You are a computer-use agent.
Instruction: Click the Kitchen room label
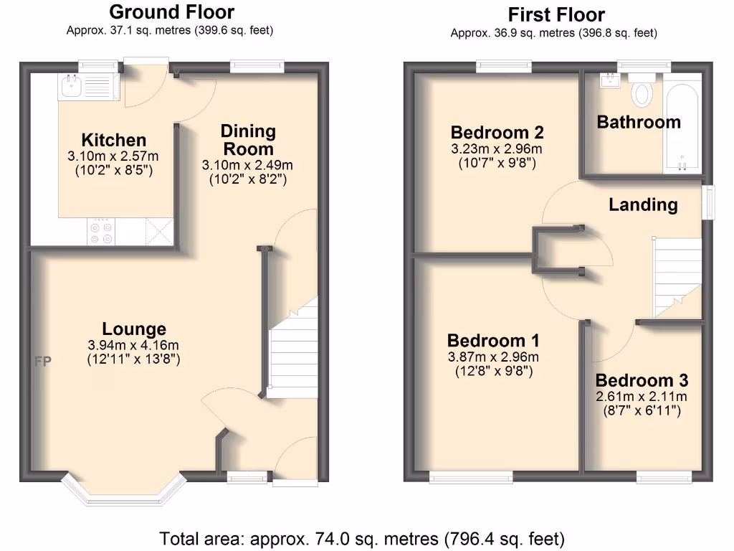click(113, 140)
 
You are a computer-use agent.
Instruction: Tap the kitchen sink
click(72, 88)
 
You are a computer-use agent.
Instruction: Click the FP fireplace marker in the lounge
click(43, 362)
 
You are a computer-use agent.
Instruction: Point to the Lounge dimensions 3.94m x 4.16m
click(133, 345)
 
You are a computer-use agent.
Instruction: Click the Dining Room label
click(248, 140)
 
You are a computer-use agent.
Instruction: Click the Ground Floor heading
click(171, 12)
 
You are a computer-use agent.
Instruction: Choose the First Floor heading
click(556, 14)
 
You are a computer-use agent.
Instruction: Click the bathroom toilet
click(642, 92)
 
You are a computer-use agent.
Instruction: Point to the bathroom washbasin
click(611, 79)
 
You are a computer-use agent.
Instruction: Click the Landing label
click(643, 205)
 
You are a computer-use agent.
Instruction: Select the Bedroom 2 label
click(497, 132)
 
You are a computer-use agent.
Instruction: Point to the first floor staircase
click(676, 276)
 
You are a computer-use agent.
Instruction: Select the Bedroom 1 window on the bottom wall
click(471, 474)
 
